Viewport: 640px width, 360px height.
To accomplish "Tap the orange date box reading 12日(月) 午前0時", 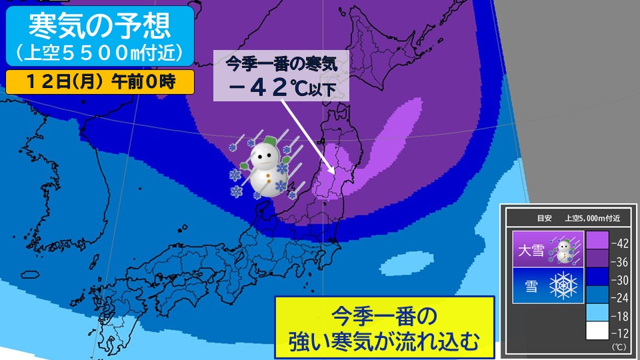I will click(x=101, y=81).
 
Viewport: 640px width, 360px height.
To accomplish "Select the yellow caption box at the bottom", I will click(x=384, y=327).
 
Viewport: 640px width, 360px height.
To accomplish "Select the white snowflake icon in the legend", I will click(x=563, y=285).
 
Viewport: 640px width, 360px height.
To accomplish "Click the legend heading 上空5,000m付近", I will click(x=592, y=217).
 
